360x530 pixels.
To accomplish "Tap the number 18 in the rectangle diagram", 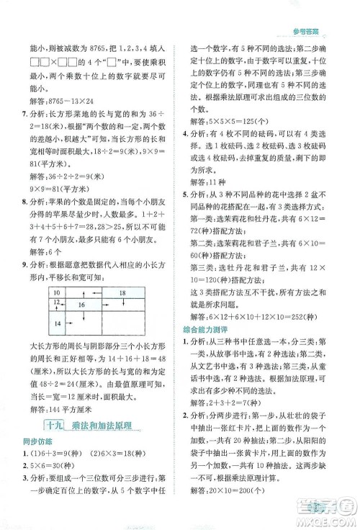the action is (x=122, y=292).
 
